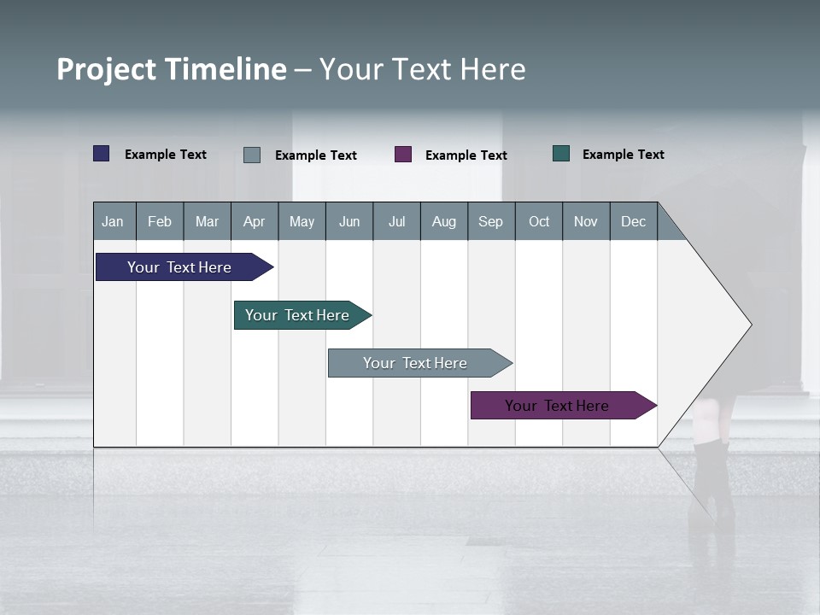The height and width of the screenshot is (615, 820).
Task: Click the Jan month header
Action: click(114, 221)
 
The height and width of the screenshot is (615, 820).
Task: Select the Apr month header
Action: click(254, 221)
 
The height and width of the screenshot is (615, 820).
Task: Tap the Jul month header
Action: click(396, 221)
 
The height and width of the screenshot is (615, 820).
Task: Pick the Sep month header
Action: click(490, 221)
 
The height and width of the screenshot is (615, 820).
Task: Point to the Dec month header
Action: click(633, 221)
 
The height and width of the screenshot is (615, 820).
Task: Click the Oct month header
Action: click(538, 221)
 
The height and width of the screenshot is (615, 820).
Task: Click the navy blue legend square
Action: click(102, 154)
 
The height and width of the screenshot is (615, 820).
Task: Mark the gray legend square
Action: click(252, 155)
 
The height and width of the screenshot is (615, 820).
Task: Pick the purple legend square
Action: click(403, 155)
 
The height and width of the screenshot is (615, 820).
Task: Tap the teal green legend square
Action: click(561, 154)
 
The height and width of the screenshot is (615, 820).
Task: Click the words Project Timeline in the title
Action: click(171, 69)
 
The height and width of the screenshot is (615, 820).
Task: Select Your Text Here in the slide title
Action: click(422, 69)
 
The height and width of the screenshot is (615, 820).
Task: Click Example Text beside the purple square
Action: click(466, 155)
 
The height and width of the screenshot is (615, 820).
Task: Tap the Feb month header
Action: click(160, 221)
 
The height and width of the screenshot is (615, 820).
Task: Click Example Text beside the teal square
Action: click(623, 154)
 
